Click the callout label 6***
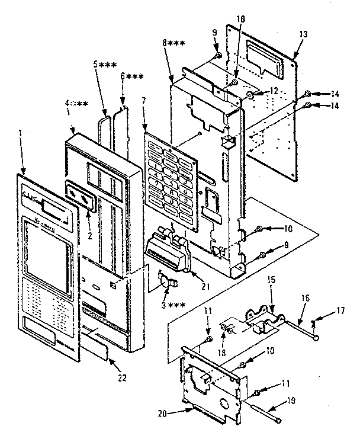131,77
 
